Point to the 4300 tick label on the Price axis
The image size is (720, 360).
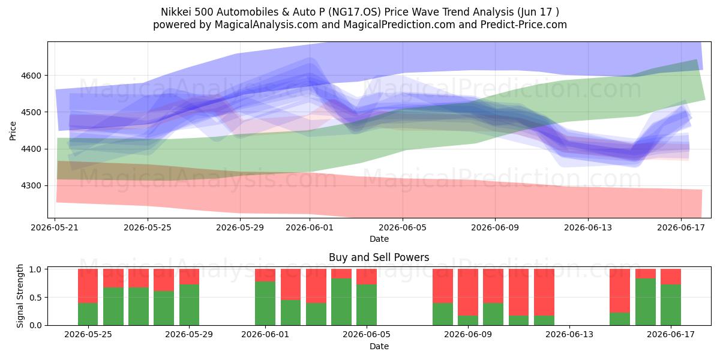point(31,186)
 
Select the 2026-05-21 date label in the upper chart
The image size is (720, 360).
point(55,227)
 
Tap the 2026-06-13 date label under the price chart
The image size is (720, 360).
point(588,227)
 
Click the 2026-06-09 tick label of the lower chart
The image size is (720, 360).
point(468,334)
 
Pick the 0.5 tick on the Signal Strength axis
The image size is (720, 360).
point(35,298)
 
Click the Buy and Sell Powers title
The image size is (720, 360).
point(379,257)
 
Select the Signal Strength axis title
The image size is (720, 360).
point(20,296)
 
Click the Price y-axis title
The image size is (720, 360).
point(13,131)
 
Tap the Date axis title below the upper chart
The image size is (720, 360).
point(379,239)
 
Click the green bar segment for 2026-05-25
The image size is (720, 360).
point(88,314)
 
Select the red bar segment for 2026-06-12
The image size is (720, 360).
point(544,292)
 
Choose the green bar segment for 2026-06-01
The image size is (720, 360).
point(265,304)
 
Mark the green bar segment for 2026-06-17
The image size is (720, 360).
point(671,305)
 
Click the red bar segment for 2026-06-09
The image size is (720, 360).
point(468,292)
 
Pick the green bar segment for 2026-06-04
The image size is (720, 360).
point(341,302)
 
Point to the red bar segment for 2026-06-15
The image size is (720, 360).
point(620,291)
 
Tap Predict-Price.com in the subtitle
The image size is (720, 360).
point(524,25)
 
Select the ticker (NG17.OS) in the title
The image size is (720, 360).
point(354,12)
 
